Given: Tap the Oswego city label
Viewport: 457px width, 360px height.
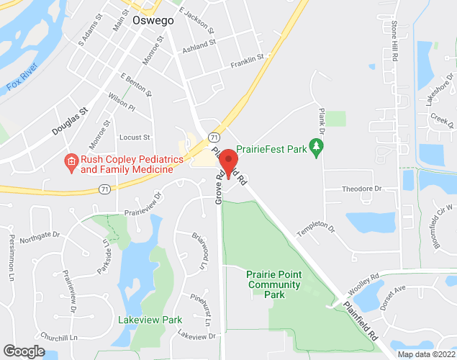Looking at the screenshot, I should pyautogui.click(x=153, y=21).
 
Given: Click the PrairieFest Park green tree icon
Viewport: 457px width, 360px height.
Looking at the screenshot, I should pyautogui.click(x=315, y=147).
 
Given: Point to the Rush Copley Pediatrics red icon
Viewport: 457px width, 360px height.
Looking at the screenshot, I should pyautogui.click(x=71, y=161).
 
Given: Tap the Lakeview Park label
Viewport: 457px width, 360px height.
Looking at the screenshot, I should pyautogui.click(x=150, y=319).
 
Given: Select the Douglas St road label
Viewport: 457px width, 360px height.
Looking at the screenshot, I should pyautogui.click(x=69, y=122).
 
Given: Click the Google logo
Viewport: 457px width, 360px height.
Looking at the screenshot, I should pyautogui.click(x=23, y=351).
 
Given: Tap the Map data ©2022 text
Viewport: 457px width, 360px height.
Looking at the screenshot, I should pyautogui.click(x=426, y=354).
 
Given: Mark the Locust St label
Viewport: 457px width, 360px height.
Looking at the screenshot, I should pyautogui.click(x=135, y=137).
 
